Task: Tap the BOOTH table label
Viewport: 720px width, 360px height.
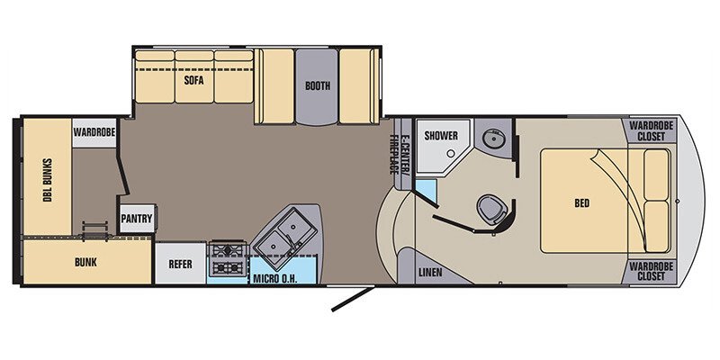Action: [317, 87]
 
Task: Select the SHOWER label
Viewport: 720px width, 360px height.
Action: [441, 136]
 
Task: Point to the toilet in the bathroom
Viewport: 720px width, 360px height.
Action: [490, 208]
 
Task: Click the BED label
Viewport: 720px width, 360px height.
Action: [581, 203]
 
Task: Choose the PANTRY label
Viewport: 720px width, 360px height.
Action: [135, 219]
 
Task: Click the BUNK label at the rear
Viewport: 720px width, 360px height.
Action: [86, 263]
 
